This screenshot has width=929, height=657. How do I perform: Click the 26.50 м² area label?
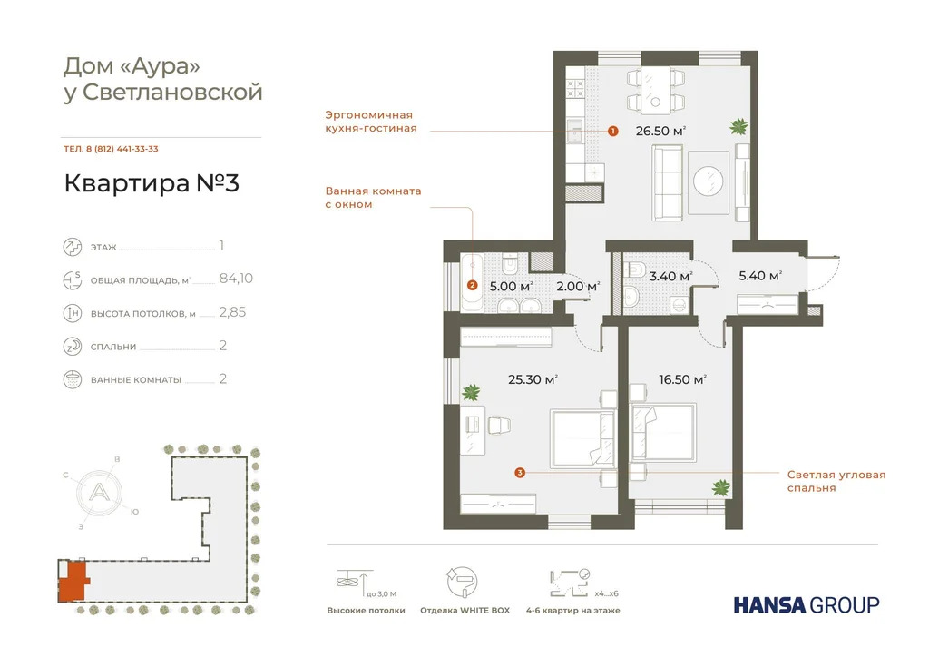pos(660,131)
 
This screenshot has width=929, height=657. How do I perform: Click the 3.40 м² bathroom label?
pos(672,276)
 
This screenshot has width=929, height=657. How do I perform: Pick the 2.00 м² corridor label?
pos(578,287)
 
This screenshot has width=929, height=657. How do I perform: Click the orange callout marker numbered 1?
pos(612,131)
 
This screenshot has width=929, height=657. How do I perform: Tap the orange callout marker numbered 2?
pos(472,285)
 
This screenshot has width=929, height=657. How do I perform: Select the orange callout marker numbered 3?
pos(519,472)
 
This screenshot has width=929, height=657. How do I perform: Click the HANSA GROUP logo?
pos(806,604)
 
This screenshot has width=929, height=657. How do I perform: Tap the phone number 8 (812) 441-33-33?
pos(111,149)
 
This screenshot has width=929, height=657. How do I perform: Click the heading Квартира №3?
pos(152,183)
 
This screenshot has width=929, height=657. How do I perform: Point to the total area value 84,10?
pos(236,279)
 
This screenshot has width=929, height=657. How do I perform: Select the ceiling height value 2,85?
pos(232,312)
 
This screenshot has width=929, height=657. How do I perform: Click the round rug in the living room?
pos(708,178)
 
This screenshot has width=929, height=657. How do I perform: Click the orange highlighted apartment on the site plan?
pos(73,579)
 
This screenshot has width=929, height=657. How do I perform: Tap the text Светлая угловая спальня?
pos(836,481)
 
